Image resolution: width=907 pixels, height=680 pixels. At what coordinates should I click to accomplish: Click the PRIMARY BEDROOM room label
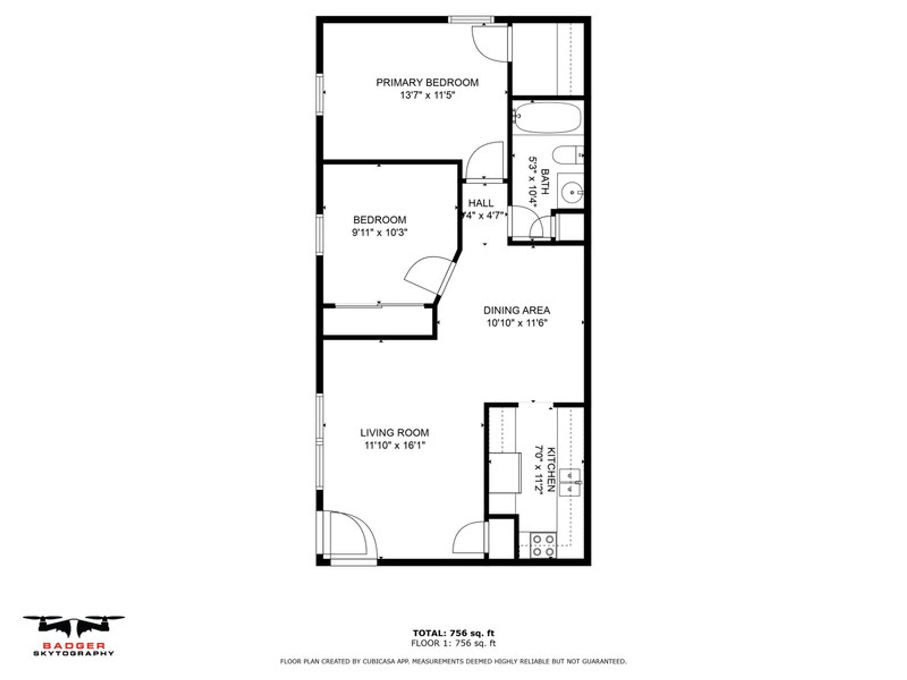point(427,83)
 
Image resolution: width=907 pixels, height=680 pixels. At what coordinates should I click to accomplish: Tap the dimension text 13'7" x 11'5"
point(427,95)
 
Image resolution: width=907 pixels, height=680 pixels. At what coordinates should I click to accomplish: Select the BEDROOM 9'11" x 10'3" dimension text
point(380,232)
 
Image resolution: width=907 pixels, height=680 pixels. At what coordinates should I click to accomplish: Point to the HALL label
point(481,203)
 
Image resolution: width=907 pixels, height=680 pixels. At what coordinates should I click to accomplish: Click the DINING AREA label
point(516,310)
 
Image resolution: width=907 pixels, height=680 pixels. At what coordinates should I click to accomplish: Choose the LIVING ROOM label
point(394,433)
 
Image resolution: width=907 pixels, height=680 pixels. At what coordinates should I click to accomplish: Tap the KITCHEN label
point(551,470)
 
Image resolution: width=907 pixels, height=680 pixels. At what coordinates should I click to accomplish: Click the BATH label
point(545,182)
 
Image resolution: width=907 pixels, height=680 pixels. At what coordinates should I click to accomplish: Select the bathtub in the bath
point(547,117)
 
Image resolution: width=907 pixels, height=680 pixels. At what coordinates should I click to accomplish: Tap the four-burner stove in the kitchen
point(543,545)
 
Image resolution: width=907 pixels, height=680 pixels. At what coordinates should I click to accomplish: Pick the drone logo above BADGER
point(74,626)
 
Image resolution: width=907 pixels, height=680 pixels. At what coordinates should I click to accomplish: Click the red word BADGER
point(74,646)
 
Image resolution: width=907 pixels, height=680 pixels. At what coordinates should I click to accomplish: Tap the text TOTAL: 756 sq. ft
point(453,633)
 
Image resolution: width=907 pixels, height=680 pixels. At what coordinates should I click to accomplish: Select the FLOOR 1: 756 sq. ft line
point(453,643)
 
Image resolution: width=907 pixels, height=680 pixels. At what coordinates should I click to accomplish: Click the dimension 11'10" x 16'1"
point(395,445)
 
